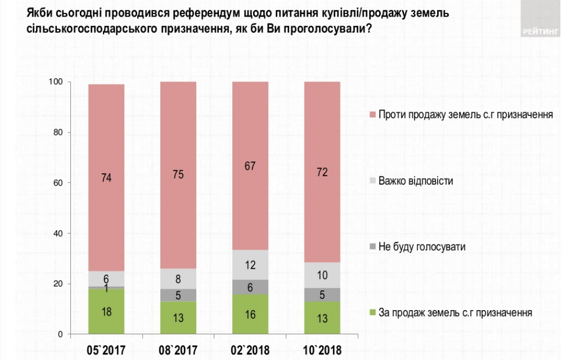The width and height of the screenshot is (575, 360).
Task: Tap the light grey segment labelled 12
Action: pyautogui.click(x=250, y=265)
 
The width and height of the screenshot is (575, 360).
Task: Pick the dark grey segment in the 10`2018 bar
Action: pyautogui.click(x=322, y=295)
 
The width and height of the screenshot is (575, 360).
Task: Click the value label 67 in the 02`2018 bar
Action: pyautogui.click(x=250, y=166)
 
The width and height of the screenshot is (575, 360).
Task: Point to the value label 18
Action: pyautogui.click(x=106, y=312)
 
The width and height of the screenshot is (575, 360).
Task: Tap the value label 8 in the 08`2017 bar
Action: pyautogui.click(x=179, y=278)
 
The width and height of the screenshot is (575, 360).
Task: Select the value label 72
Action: pyautogui.click(x=322, y=173)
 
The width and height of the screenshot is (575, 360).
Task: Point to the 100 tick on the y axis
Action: pyautogui.click(x=56, y=82)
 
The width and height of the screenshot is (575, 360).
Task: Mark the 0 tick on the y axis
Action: pyautogui.click(x=61, y=334)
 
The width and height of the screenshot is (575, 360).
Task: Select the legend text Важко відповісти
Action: pyautogui.click(x=416, y=181)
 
